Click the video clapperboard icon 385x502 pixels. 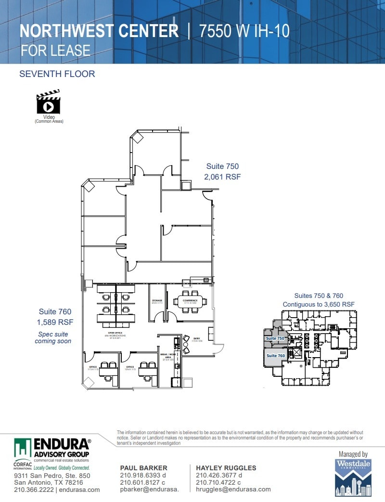coord(48,102)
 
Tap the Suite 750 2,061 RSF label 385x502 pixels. coord(222,171)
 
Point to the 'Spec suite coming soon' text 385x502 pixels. coord(52,337)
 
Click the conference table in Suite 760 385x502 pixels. coord(191,301)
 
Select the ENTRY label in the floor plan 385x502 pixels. coord(196,339)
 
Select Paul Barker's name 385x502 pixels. coord(143,468)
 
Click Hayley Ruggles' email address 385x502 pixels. coord(233,489)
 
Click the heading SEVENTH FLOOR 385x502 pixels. coord(57,74)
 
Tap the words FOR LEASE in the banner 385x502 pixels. coord(55,50)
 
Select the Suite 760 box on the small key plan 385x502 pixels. coord(276,356)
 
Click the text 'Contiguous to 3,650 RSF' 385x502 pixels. coord(319,304)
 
